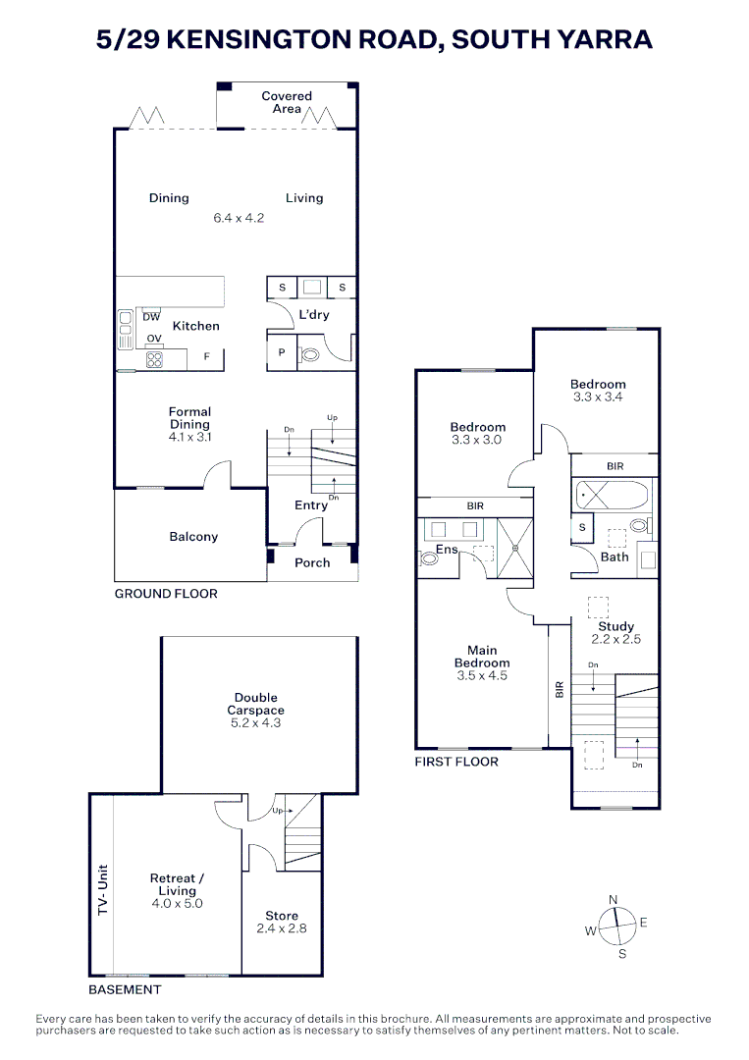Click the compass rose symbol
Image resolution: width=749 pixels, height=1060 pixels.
[x=615, y=925]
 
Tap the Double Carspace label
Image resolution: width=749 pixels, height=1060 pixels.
[x=255, y=704]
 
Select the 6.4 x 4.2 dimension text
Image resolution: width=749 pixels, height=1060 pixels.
[x=240, y=218]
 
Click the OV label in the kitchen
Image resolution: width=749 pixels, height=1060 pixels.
[x=154, y=339]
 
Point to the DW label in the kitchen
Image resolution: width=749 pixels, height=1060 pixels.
[x=151, y=316]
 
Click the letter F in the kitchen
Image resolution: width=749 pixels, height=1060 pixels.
[x=206, y=356]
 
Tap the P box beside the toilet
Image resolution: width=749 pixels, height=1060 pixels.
[x=281, y=353]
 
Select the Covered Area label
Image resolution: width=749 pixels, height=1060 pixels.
[x=287, y=102]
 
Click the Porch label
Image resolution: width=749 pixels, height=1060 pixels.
[x=312, y=562]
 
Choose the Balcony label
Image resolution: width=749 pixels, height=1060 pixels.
[x=193, y=537]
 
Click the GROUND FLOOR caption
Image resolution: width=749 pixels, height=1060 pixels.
[x=166, y=594]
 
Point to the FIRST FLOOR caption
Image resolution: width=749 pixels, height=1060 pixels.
[x=456, y=762]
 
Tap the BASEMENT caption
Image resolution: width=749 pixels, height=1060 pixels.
[x=125, y=989]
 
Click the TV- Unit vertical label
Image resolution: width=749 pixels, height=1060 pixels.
[x=101, y=890]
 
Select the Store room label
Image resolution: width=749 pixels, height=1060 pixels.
[x=282, y=916]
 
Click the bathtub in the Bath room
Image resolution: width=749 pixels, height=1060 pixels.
[x=613, y=495]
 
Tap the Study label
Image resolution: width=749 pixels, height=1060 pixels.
[x=616, y=626]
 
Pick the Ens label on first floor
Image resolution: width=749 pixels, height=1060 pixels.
[x=447, y=550]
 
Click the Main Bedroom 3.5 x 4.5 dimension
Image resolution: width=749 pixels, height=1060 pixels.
[x=482, y=675]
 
